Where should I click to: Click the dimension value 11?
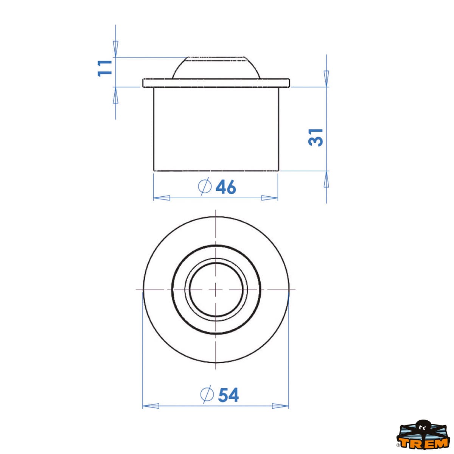coord(104,68)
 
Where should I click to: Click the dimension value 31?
coord(316,138)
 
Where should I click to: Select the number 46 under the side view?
coord(226,187)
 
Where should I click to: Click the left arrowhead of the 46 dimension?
coord(162,198)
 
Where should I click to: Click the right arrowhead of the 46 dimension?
coord(269,198)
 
